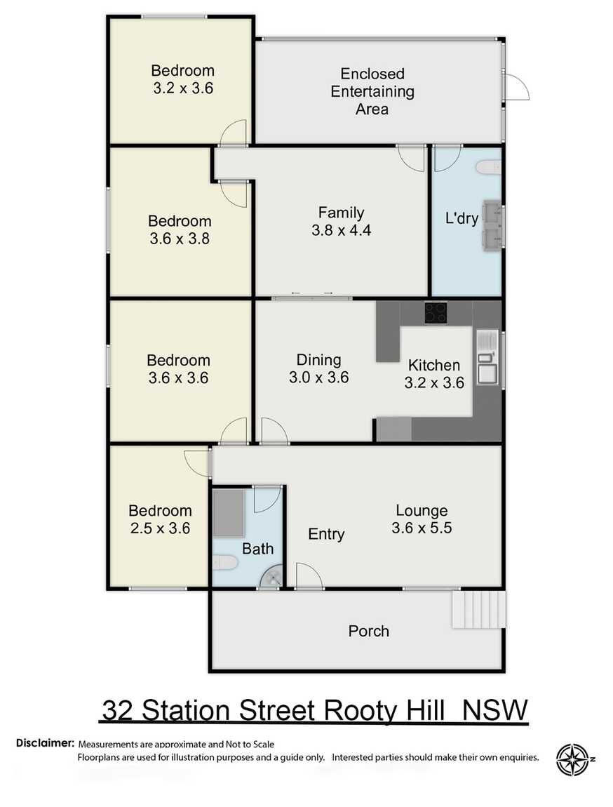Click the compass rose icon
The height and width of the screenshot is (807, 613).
pos(573,760)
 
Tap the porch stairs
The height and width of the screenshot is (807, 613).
pos(479,610)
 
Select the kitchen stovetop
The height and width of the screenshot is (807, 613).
pos(435,312)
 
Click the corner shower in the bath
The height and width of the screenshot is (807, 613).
pos(273,577)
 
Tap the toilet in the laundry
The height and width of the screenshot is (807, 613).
pos(489,168)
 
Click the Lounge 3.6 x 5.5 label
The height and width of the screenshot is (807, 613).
pos(422,519)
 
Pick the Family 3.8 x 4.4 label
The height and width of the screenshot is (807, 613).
pos(341,221)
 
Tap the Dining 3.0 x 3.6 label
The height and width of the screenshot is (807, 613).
pos(318,368)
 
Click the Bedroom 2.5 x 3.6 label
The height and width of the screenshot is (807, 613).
pos(160,519)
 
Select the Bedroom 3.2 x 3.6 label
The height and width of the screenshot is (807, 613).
pos(182,79)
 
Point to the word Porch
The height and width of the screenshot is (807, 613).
pos(368,631)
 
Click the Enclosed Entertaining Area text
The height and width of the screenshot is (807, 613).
pos(372,91)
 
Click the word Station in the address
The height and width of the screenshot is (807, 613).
pos(194,710)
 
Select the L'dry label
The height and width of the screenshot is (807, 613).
pos(462,218)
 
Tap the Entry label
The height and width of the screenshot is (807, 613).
pos(326,534)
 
